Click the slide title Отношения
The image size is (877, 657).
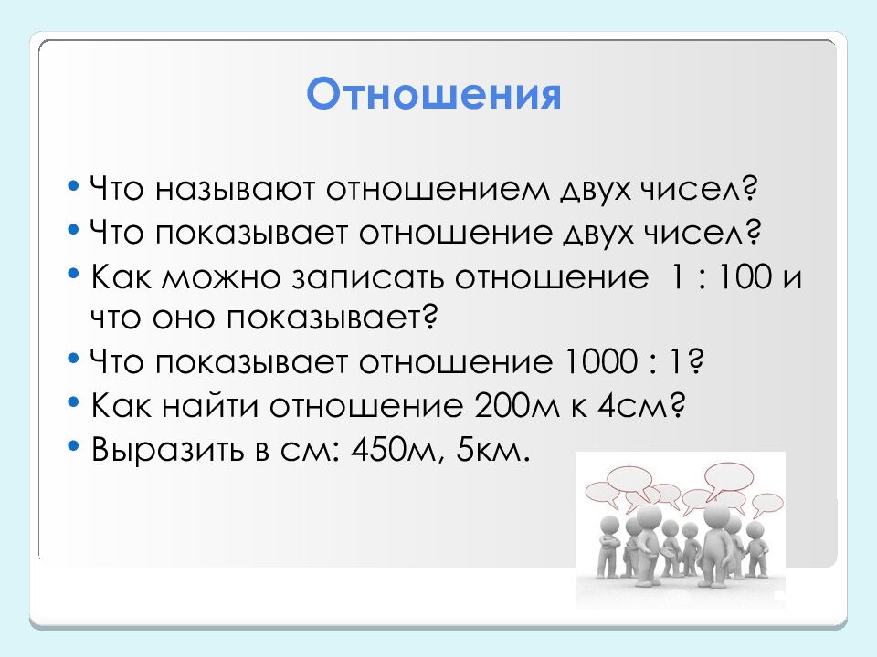point(433,94)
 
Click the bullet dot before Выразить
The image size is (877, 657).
point(73,447)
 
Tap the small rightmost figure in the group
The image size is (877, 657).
point(756,547)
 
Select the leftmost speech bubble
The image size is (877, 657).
point(603,494)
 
